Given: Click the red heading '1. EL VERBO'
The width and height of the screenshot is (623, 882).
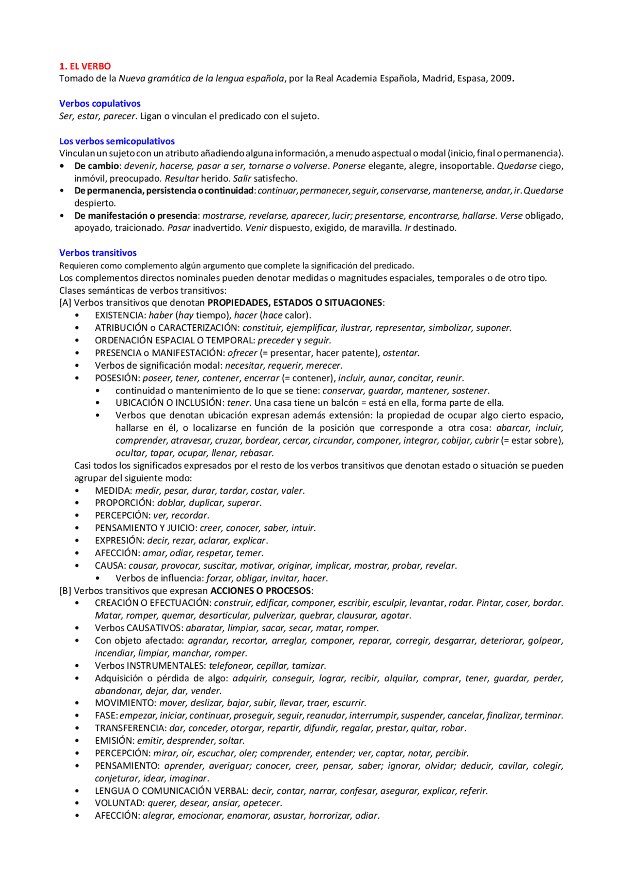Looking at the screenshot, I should coord(85,66).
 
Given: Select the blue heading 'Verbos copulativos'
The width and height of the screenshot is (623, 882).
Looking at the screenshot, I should coord(100,104).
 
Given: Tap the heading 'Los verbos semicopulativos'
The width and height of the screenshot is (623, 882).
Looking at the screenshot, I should coord(117,141).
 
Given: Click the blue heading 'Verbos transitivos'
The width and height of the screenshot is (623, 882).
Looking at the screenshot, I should coord(98,253).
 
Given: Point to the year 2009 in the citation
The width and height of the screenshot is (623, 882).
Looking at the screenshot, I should coord(500,78).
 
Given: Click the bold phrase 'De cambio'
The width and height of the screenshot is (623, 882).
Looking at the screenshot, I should coord(96,166).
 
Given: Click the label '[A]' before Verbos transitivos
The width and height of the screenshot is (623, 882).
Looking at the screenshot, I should coord(65,303).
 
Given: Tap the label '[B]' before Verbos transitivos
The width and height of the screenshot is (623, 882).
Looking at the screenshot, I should coord(65,591).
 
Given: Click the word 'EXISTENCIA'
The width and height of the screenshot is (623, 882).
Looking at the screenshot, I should coord(119,316).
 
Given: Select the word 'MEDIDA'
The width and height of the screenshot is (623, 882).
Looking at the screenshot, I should coord(113,491).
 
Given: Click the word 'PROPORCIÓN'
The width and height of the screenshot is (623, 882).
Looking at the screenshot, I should coord(124,503).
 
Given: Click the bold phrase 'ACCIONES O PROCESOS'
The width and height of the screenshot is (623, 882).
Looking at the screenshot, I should coord(260,591).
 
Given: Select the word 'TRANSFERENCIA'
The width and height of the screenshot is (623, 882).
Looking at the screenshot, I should coord(130,728).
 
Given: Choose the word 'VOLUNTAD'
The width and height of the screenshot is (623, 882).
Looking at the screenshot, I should coord(119,803).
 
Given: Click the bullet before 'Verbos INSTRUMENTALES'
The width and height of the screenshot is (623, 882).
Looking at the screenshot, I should coord(77,666).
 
